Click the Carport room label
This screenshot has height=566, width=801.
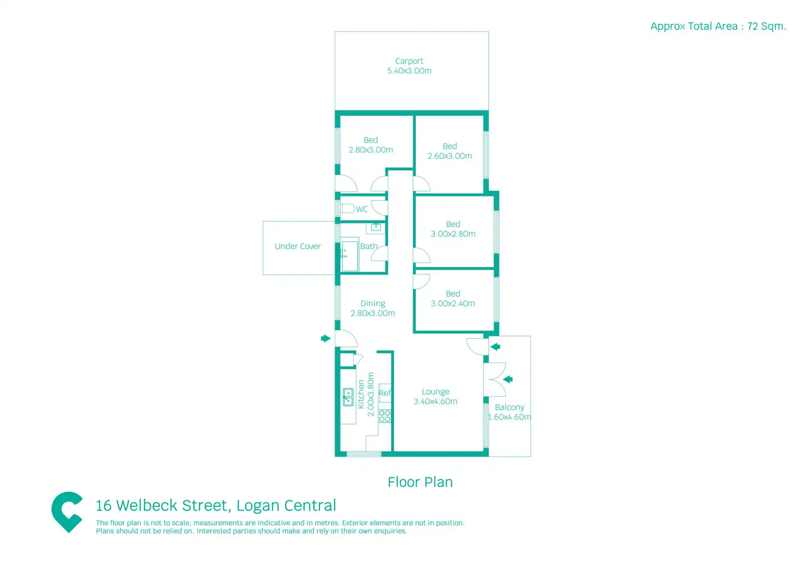pos(409,61)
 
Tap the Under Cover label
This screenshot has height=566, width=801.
pos(298,246)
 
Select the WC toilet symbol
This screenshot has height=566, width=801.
pos(347,208)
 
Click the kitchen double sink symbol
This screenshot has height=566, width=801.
pos(348,397)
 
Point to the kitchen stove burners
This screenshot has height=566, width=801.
pos(384,416)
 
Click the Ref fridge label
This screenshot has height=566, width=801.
pos(384,393)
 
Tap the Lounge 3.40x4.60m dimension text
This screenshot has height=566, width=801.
pos(435,401)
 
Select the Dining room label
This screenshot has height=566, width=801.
pos(373,303)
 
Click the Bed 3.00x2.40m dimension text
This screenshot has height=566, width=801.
pos(453,303)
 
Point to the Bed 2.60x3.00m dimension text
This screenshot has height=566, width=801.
pos(450,156)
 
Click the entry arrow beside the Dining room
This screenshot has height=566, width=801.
pos(326,338)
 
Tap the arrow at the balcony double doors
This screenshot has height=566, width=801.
pos(508,379)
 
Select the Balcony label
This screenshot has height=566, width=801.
pos(509,407)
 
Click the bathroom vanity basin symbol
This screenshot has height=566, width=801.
pos(375,227)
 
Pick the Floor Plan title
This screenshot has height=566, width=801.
pos(420,482)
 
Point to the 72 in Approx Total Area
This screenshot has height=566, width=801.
pos(753,26)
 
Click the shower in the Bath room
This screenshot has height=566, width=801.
pos(350,256)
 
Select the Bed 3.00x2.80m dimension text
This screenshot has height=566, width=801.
pos(453,234)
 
